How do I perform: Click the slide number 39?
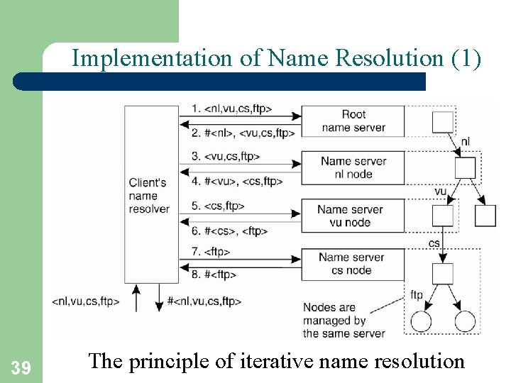coord(21,367)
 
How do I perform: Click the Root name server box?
coord(353,121)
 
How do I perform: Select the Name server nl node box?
coord(353,167)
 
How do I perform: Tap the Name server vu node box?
coord(350,216)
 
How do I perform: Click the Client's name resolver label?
coord(149,195)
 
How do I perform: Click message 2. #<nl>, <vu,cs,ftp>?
coord(243,132)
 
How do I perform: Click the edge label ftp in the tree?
coord(417,294)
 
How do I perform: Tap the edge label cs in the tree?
coord(434,243)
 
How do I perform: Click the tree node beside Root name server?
coord(443,121)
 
